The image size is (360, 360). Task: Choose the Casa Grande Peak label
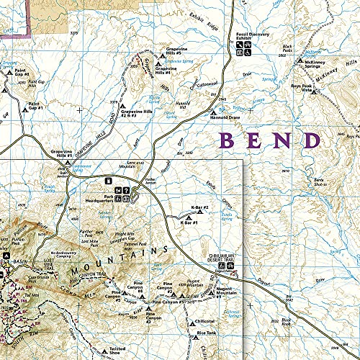(x=37, y=278)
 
